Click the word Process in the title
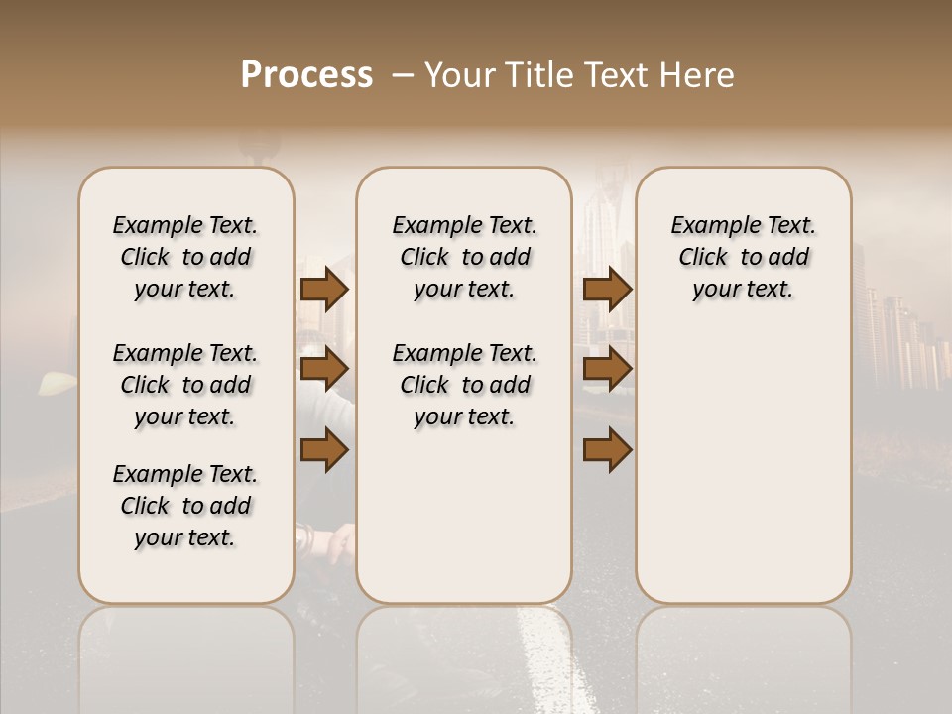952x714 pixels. click(x=306, y=75)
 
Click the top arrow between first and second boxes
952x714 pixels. click(x=324, y=290)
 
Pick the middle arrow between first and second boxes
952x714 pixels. click(x=324, y=370)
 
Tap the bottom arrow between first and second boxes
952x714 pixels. click(x=324, y=450)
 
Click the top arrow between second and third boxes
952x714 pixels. click(x=608, y=290)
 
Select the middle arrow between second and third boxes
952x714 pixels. click(x=608, y=370)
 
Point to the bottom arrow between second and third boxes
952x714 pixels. click(x=608, y=450)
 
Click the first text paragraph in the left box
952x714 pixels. click(x=185, y=257)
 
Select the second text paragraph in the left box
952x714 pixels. click(x=185, y=385)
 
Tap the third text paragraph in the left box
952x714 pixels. click(x=185, y=506)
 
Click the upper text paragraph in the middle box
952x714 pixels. click(x=464, y=257)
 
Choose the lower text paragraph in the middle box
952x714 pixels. click(x=464, y=385)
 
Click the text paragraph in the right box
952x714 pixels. click(x=743, y=257)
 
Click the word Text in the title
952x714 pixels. click(x=616, y=75)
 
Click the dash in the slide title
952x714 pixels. click(x=403, y=75)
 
